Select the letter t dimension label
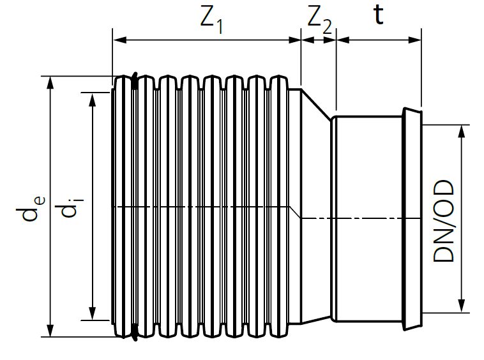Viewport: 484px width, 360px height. tap(378, 16)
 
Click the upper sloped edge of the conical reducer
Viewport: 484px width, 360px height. tap(316, 103)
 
